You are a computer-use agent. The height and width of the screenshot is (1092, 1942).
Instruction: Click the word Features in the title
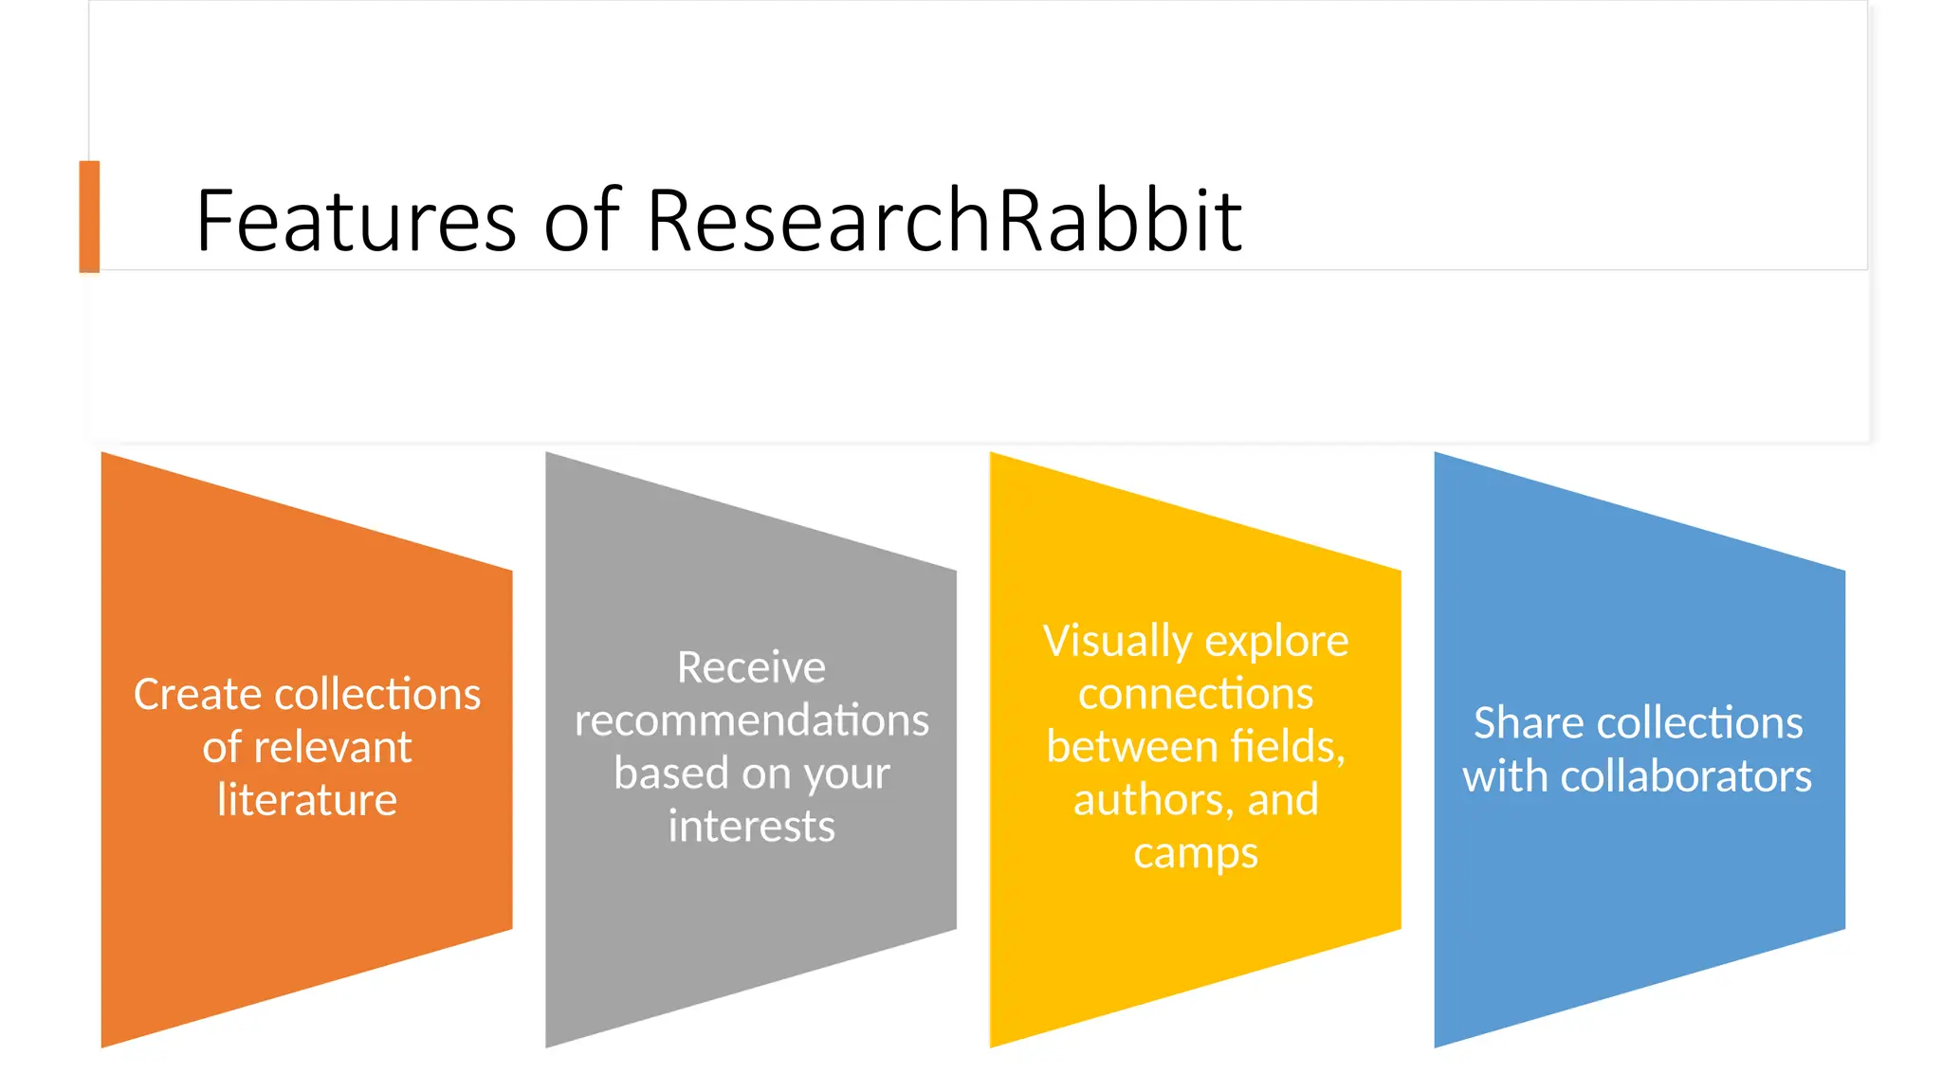(356, 221)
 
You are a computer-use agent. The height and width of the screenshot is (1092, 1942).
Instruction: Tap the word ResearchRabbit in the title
(944, 221)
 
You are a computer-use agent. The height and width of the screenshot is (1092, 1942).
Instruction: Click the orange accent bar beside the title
(89, 216)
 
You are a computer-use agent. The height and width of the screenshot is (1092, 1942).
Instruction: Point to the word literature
(307, 800)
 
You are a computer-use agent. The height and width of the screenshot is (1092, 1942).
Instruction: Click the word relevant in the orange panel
(333, 748)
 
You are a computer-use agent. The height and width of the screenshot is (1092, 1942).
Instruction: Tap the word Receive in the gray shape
(751, 667)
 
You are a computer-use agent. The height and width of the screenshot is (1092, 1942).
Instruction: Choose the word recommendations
(751, 720)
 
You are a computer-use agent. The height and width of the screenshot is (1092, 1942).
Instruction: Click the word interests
(751, 827)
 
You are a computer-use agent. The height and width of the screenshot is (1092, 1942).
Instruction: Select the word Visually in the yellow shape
(1117, 642)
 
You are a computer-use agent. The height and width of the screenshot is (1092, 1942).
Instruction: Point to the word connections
(1196, 694)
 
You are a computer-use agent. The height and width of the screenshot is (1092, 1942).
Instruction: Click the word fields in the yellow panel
(1288, 747)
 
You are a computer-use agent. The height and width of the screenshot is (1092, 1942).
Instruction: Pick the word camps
(1196, 853)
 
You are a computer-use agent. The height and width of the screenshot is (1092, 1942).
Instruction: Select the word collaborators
(1686, 776)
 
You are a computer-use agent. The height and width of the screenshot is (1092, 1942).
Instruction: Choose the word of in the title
(581, 221)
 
